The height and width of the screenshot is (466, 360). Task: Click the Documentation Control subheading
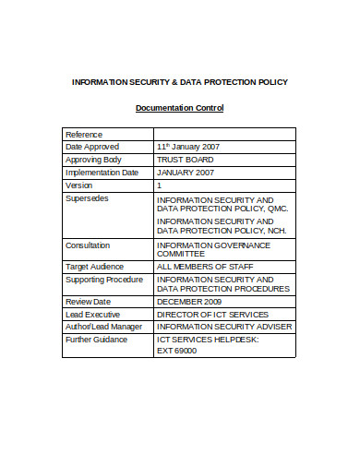pyautogui.click(x=179, y=108)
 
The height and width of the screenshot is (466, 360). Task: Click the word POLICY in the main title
pyautogui.click(x=270, y=82)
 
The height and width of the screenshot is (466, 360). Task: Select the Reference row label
pyautogui.click(x=84, y=135)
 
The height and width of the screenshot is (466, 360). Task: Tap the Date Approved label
pyautogui.click(x=93, y=147)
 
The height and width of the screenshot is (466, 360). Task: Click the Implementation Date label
pyautogui.click(x=102, y=173)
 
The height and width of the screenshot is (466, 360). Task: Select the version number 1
pyautogui.click(x=160, y=185)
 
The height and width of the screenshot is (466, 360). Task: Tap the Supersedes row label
pyautogui.click(x=88, y=198)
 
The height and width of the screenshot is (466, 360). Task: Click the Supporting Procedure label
pyautogui.click(x=103, y=279)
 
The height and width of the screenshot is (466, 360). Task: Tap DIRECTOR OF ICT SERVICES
pyautogui.click(x=211, y=315)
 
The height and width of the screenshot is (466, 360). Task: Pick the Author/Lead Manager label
pyautogui.click(x=103, y=327)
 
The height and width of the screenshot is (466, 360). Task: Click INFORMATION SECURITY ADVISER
pyautogui.click(x=224, y=327)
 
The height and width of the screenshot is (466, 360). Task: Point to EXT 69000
pyautogui.click(x=177, y=351)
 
